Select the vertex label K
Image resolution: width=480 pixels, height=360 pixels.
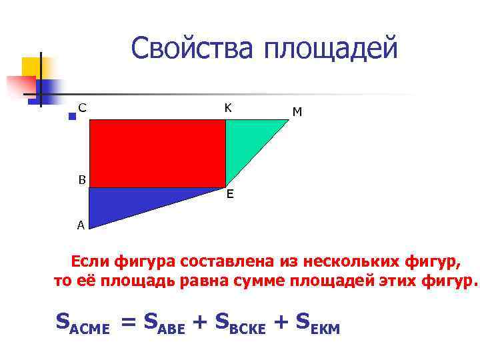click(x=228, y=107)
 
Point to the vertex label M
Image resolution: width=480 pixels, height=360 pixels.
click(x=297, y=113)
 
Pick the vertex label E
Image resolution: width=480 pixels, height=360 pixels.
click(x=229, y=195)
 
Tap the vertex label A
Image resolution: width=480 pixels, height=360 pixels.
click(x=81, y=225)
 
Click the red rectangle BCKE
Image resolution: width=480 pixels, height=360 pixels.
click(x=157, y=153)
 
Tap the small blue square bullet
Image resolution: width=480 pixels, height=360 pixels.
click(x=72, y=116)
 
